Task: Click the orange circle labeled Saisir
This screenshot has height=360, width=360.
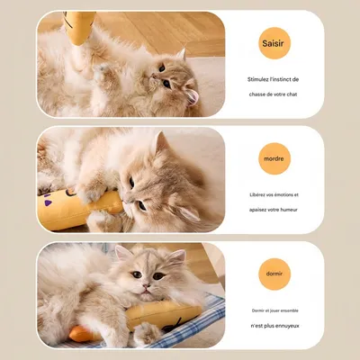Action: click(274, 42)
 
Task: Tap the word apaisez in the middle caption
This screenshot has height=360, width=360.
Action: click(255, 210)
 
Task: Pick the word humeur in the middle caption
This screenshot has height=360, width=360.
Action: click(288, 210)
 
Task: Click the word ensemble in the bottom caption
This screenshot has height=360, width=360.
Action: click(287, 310)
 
